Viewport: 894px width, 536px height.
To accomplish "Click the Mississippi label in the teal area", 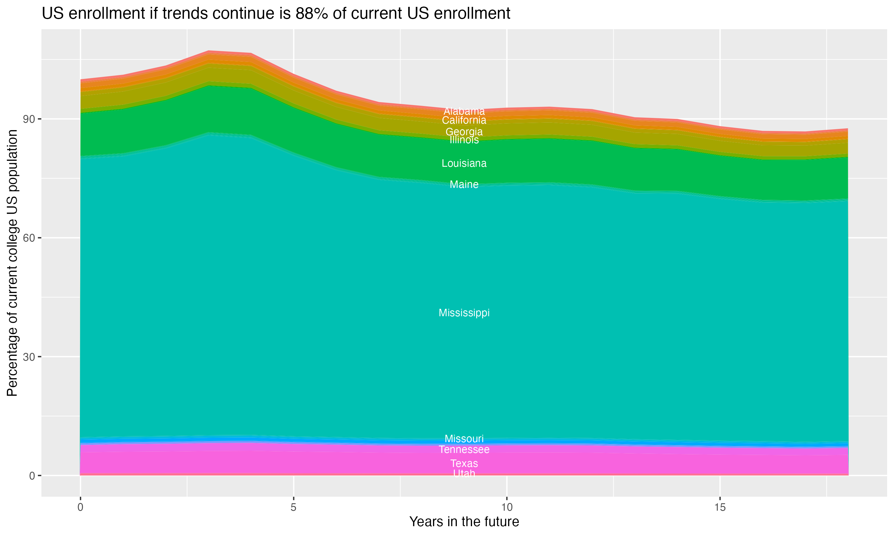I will pos(464,313).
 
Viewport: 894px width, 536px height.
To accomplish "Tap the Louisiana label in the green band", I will pos(464,163).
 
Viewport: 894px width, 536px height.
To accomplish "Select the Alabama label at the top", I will pos(464,111).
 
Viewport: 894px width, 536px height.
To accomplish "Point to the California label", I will pos(464,120).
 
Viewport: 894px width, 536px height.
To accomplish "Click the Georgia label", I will pos(464,132).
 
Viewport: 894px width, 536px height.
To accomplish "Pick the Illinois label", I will pos(464,140).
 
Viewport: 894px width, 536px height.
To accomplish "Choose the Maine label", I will pos(464,185).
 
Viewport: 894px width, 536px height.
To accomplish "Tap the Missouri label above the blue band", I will pos(464,439).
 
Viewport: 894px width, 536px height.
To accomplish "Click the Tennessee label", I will pos(464,450).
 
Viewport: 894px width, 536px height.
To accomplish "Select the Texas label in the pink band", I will pos(464,463).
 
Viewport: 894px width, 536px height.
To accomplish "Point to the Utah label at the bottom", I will pos(464,473).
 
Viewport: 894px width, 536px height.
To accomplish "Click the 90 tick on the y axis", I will pos(29,119).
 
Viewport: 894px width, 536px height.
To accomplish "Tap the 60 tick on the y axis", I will pos(29,238).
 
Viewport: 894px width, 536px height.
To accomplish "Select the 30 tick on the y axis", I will pos(29,357).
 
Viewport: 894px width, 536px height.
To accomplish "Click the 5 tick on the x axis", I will pos(294,507).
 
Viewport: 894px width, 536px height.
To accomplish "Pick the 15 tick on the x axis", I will pos(720,507).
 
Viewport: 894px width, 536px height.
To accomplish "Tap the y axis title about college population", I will pos(12,263).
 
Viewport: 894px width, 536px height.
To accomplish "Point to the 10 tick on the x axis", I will pos(507,507).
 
